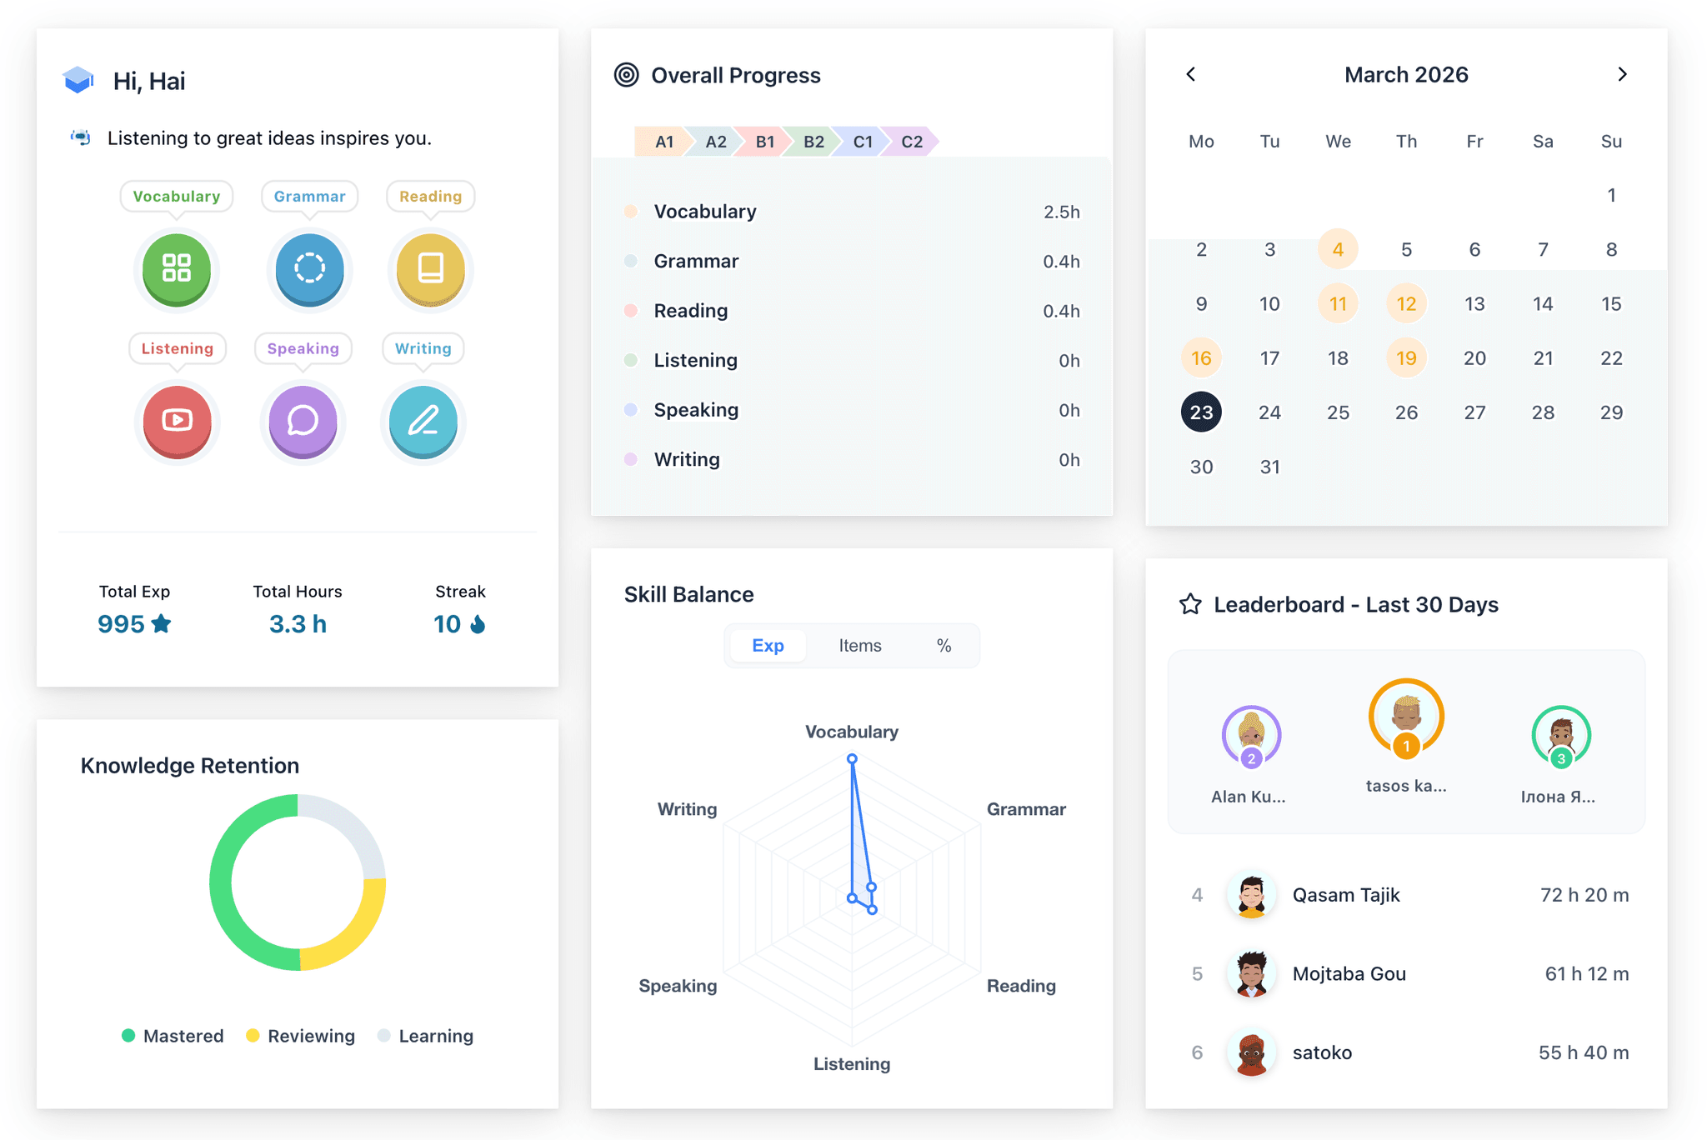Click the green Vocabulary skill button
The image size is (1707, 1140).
pyautogui.click(x=177, y=268)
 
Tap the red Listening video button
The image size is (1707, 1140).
pyautogui.click(x=177, y=420)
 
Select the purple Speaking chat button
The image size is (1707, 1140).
pyautogui.click(x=303, y=420)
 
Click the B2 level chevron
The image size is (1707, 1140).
pyautogui.click(x=813, y=142)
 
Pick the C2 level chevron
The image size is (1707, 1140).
pyautogui.click(x=911, y=142)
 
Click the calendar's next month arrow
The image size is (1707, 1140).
pyautogui.click(x=1622, y=74)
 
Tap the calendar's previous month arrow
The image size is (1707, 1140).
pyautogui.click(x=1191, y=74)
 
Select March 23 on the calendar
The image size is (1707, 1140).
pyautogui.click(x=1201, y=412)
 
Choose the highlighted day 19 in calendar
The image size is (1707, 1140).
pyautogui.click(x=1406, y=358)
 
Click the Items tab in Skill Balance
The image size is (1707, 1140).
pyautogui.click(x=859, y=646)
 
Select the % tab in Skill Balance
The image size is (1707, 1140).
pyautogui.click(x=944, y=646)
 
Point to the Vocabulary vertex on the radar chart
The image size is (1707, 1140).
pyautogui.click(x=852, y=759)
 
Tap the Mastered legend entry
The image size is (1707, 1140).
pyautogui.click(x=173, y=1036)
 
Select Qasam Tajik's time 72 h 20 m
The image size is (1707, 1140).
pyautogui.click(x=1584, y=895)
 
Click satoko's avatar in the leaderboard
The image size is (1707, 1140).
pyautogui.click(x=1251, y=1052)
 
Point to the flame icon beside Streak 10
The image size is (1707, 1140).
pyautogui.click(x=478, y=624)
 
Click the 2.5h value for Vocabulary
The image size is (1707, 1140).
pyautogui.click(x=1061, y=212)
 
